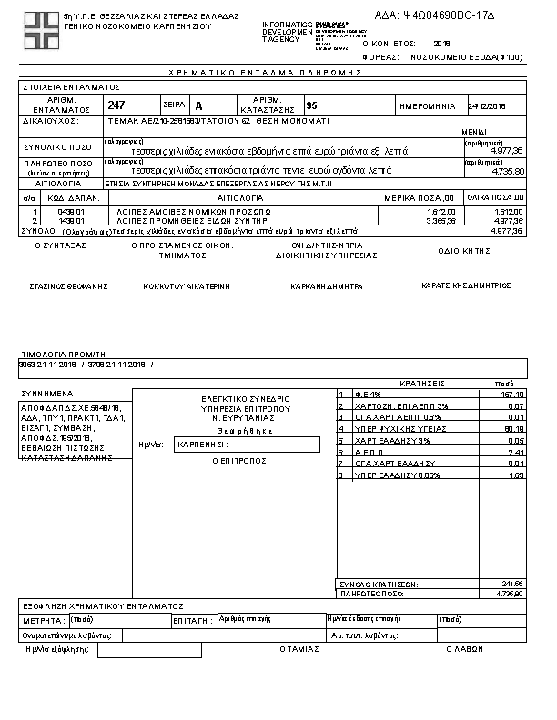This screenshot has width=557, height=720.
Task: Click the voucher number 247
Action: point(116,106)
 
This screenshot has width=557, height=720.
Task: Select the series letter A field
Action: point(199,106)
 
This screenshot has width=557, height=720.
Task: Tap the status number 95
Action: point(312,106)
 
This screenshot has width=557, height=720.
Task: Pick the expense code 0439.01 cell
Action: point(71,211)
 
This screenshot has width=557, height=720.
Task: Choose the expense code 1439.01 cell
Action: point(71,220)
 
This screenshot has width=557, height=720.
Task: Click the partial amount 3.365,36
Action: point(438,220)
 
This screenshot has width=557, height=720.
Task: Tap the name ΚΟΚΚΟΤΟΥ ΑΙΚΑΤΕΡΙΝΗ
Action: point(187,285)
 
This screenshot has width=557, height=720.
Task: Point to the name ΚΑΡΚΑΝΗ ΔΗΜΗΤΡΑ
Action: point(327,285)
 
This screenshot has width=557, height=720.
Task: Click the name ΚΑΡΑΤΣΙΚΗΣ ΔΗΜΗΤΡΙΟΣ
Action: point(467,285)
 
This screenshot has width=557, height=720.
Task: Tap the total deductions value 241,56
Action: point(512,583)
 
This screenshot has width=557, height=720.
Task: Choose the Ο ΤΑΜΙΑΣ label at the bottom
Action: point(300,650)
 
